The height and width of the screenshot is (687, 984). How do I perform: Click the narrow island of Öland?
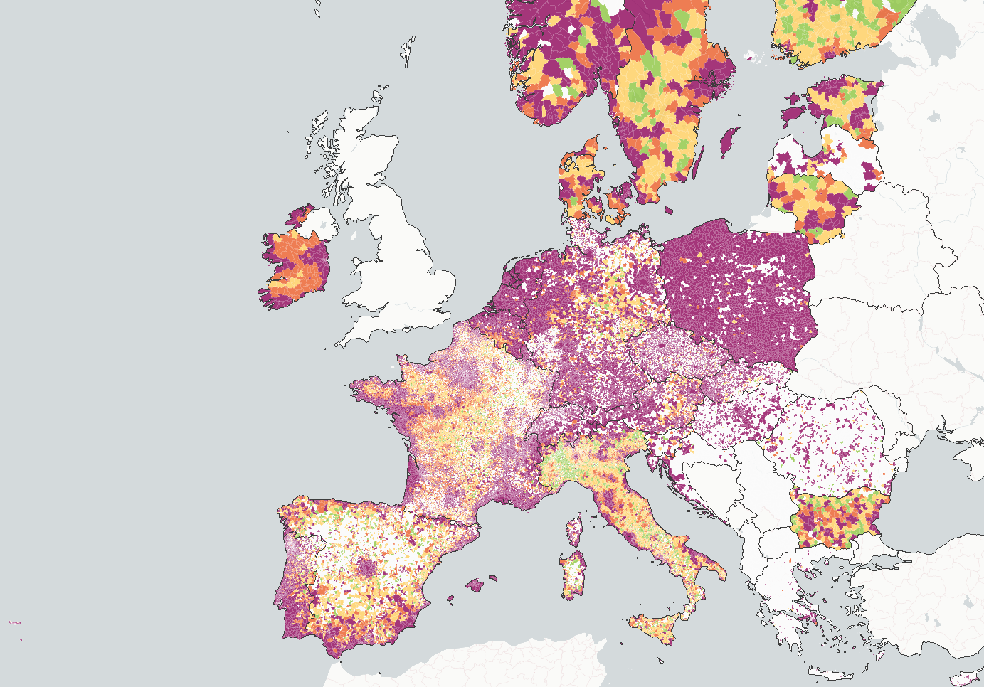[699, 162]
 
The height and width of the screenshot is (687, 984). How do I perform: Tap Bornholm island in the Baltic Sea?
[670, 210]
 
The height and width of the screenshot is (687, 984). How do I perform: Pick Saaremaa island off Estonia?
[793, 113]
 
